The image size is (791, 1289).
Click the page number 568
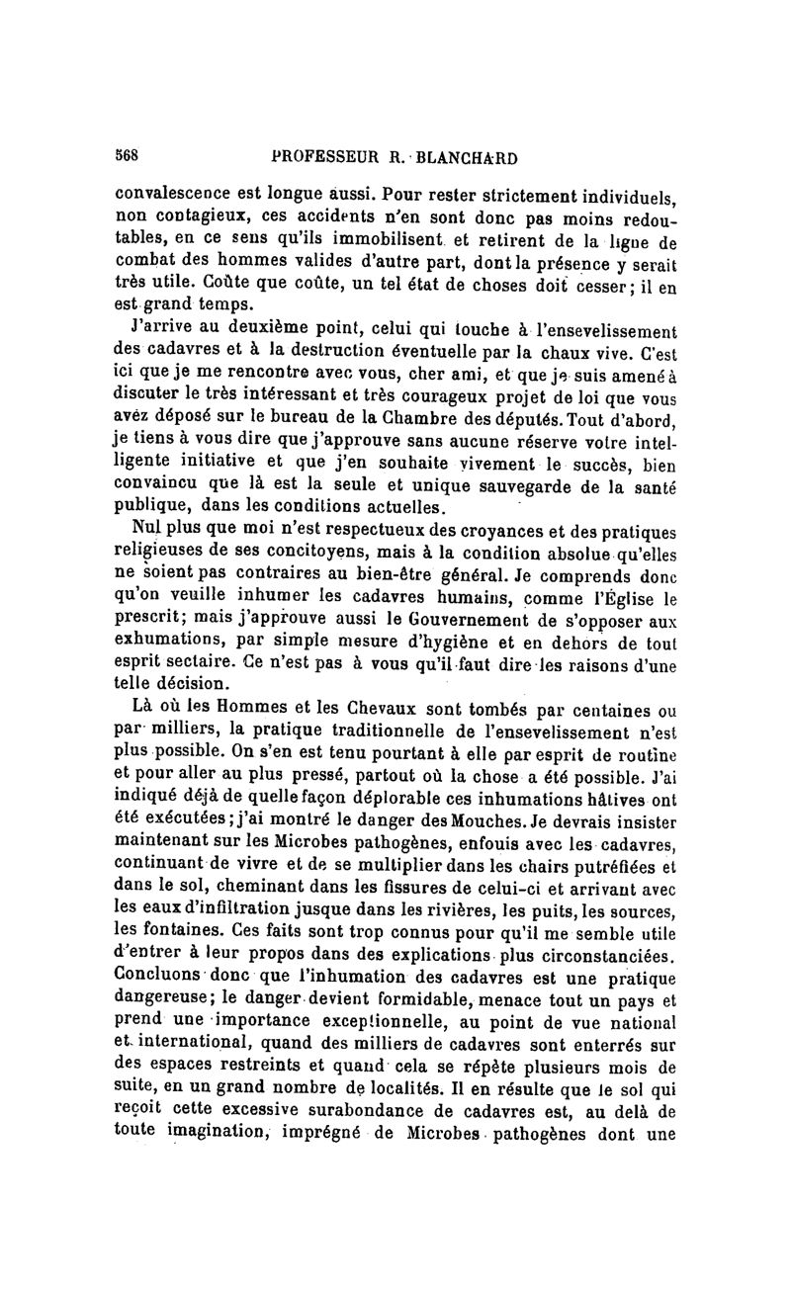[126, 157]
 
